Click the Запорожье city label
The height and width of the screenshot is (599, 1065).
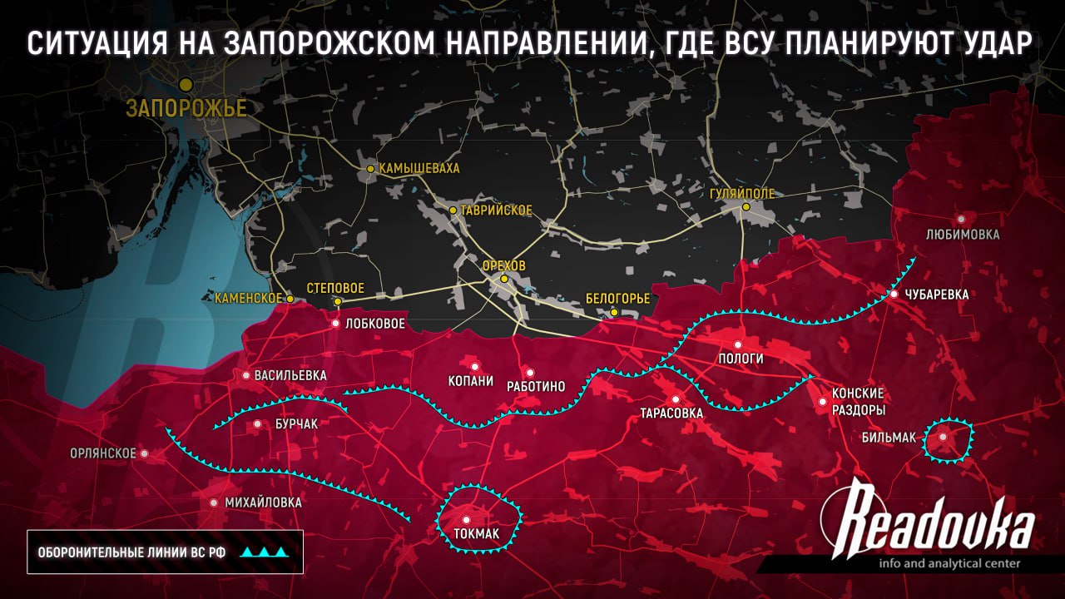click(x=186, y=108)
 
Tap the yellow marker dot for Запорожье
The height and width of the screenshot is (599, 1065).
click(x=186, y=84)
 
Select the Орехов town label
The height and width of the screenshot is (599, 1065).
click(x=504, y=265)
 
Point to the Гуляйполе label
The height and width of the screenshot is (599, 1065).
click(x=742, y=194)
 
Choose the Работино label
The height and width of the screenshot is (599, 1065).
click(x=536, y=386)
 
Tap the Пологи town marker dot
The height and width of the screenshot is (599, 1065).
click(x=737, y=344)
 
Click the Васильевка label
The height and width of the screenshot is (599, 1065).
click(x=290, y=375)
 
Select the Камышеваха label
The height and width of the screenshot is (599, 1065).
click(x=419, y=168)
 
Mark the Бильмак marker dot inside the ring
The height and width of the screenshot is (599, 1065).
click(x=943, y=437)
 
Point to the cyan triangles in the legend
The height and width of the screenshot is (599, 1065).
click(x=265, y=552)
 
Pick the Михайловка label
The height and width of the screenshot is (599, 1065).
click(x=263, y=502)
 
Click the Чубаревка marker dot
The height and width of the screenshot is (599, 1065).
click(x=894, y=295)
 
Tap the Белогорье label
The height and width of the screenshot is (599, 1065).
click(x=617, y=298)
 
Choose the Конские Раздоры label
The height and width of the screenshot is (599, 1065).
click(x=858, y=401)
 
